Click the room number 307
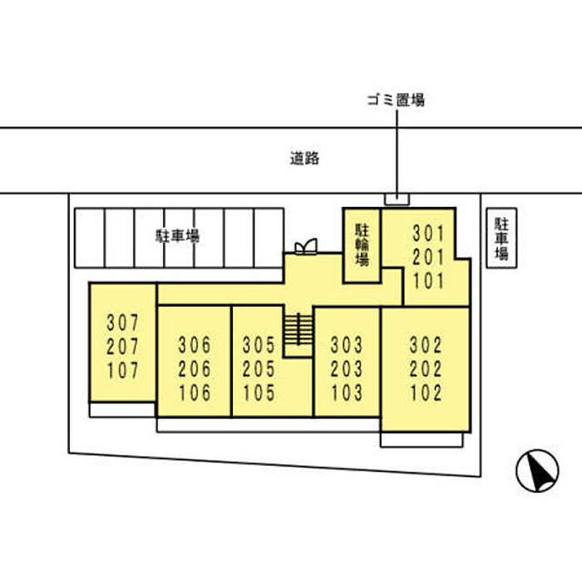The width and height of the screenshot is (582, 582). (x=122, y=321)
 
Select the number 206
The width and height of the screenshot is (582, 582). (x=195, y=367)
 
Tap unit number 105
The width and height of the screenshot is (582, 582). (x=259, y=392)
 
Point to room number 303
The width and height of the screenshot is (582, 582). (x=347, y=343)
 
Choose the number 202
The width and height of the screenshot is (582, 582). (x=427, y=367)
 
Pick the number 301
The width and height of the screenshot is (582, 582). (x=429, y=234)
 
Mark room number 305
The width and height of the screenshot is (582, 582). (x=259, y=343)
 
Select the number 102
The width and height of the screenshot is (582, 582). (x=427, y=391)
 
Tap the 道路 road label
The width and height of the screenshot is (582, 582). (x=304, y=159)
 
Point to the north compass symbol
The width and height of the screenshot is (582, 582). (x=536, y=471)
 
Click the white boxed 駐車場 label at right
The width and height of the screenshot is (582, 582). (x=501, y=239)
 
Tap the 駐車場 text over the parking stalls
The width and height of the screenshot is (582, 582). (x=179, y=236)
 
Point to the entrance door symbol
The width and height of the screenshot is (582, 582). (x=306, y=246)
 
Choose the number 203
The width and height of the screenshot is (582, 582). (x=347, y=367)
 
